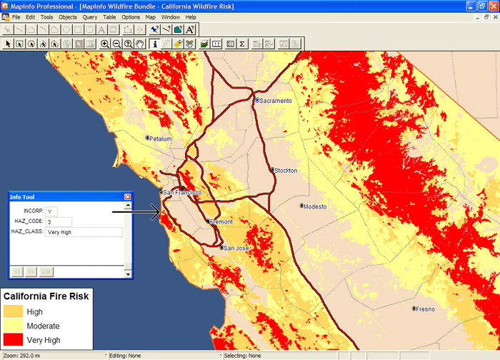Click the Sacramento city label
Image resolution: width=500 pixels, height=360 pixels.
(276, 101)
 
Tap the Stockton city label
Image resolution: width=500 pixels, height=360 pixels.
(286, 170)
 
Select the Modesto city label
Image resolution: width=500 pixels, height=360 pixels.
(314, 206)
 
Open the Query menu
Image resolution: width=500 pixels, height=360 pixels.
(90, 16)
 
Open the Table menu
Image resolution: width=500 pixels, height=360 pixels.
(109, 16)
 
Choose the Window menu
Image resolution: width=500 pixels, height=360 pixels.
(170, 16)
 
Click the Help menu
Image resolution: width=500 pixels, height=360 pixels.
(191, 16)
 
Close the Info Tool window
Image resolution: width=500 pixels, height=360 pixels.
(128, 196)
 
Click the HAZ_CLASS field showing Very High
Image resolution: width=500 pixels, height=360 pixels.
(84, 232)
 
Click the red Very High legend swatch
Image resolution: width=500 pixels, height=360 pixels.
(13, 340)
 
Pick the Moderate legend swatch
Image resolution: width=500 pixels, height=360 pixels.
(13, 326)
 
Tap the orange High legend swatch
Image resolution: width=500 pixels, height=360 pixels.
(13, 311)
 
